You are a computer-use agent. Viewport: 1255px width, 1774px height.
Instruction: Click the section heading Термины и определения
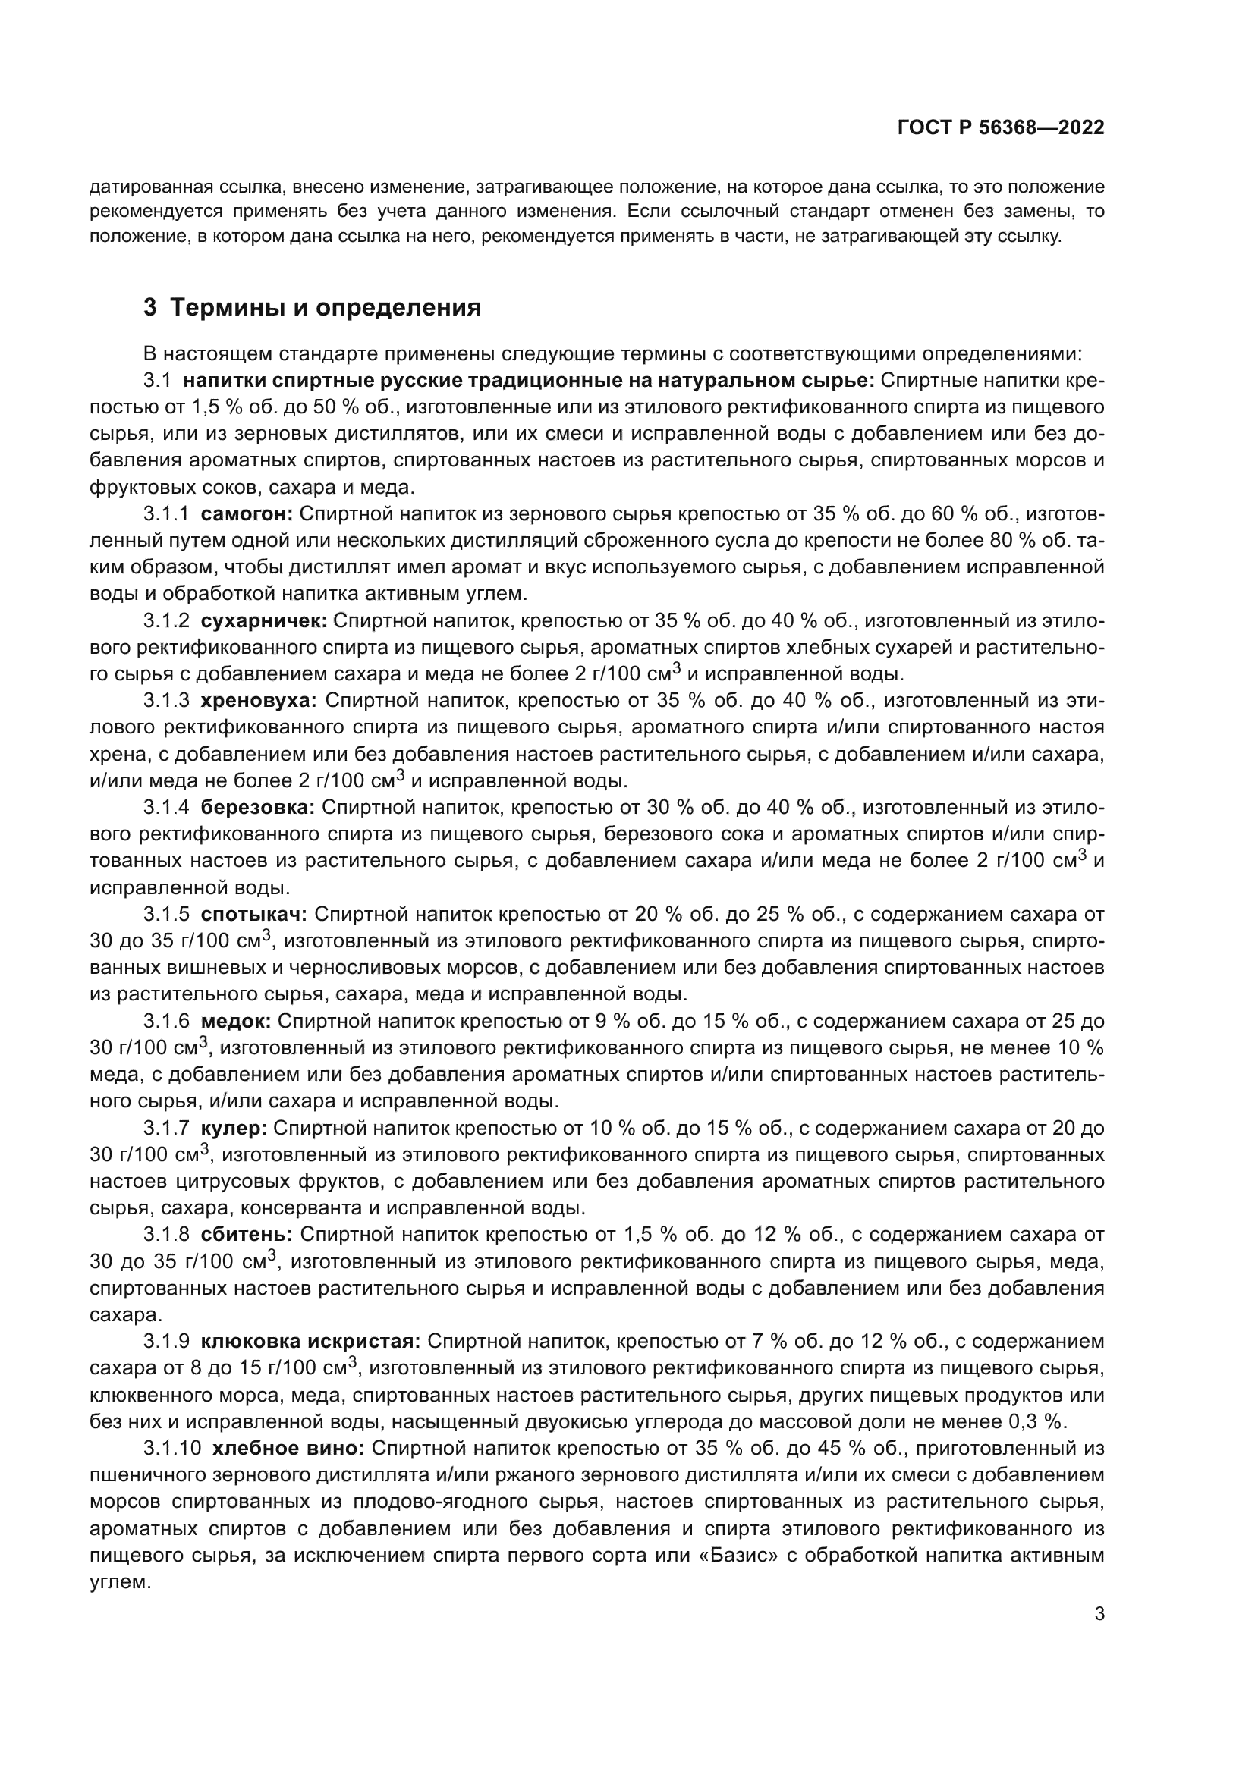[x=326, y=307]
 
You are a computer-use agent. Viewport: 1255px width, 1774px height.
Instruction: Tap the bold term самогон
[x=247, y=513]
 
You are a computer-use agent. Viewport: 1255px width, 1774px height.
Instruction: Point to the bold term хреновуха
[x=259, y=701]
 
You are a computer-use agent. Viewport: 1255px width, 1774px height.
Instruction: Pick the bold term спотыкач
[x=253, y=914]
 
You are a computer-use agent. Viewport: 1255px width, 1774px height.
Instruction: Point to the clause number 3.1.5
[x=166, y=914]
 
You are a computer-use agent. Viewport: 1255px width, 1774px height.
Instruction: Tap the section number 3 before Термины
[x=150, y=307]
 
